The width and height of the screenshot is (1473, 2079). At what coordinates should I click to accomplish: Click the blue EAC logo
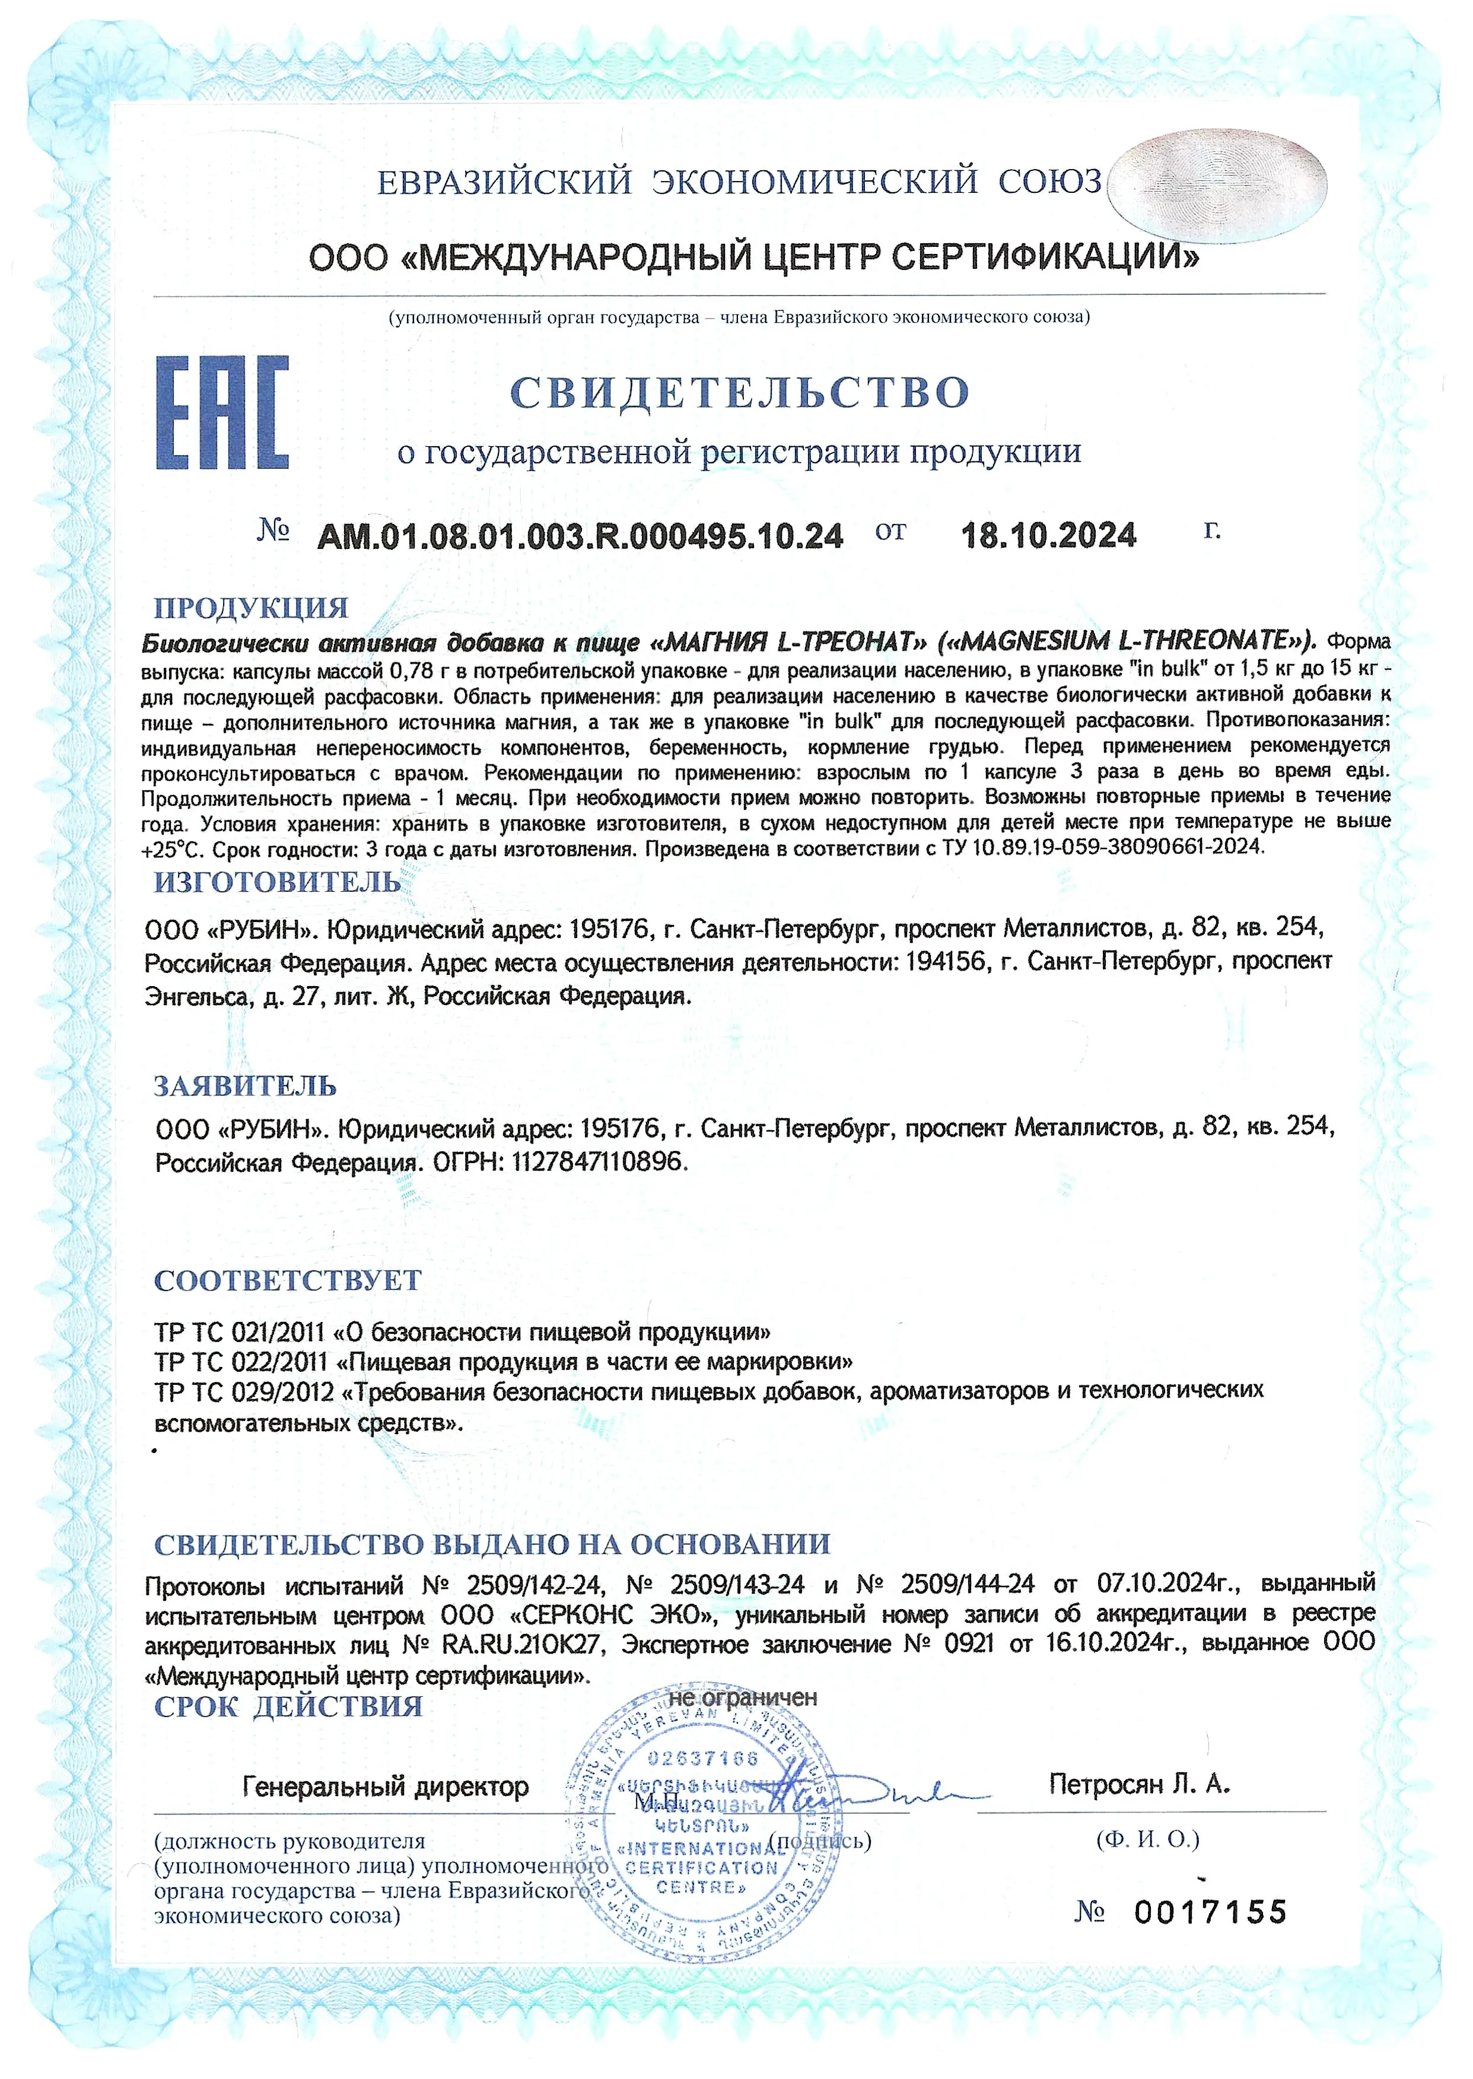click(222, 413)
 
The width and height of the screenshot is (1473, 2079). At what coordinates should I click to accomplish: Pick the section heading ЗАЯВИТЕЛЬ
click(245, 1086)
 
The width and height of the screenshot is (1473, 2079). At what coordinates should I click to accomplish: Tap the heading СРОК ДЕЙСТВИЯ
click(288, 1706)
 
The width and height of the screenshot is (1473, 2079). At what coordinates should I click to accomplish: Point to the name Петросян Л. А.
click(1139, 1784)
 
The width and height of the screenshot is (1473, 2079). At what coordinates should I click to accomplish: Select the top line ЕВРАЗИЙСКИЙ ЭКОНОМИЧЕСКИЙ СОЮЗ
click(739, 182)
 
